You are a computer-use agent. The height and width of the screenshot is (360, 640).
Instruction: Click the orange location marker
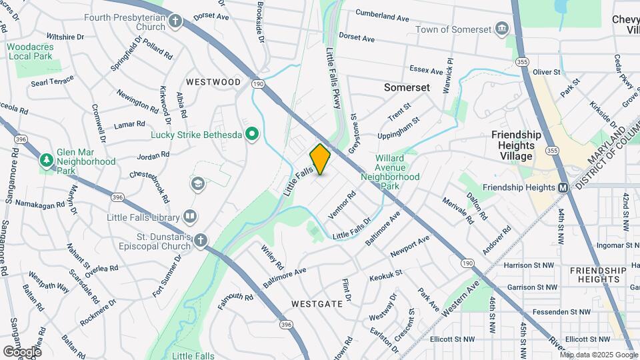click(x=320, y=159)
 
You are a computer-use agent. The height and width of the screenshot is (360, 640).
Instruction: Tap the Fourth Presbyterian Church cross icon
click(x=175, y=21)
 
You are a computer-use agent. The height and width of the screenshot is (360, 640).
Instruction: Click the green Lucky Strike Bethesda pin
click(x=251, y=135)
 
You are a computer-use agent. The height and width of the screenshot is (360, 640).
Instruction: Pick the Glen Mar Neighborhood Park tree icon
click(x=46, y=160)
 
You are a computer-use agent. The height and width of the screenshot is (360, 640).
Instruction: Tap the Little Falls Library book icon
click(x=191, y=217)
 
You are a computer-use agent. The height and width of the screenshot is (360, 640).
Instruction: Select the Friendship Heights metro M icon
click(x=563, y=187)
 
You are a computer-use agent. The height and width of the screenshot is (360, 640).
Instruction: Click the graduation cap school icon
click(x=198, y=184)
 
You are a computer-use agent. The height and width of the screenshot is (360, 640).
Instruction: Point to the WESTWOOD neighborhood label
click(x=213, y=82)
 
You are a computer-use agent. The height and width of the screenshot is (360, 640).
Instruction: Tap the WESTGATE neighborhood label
click(x=317, y=304)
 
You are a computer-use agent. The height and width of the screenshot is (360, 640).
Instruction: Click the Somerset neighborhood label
click(x=407, y=87)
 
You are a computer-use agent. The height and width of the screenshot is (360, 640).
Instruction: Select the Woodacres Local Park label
click(x=30, y=51)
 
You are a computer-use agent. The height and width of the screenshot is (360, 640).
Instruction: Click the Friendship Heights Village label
click(x=513, y=145)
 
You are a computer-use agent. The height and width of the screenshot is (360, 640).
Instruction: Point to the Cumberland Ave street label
click(x=382, y=13)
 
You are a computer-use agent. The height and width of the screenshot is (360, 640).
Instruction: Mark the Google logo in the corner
click(x=22, y=351)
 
